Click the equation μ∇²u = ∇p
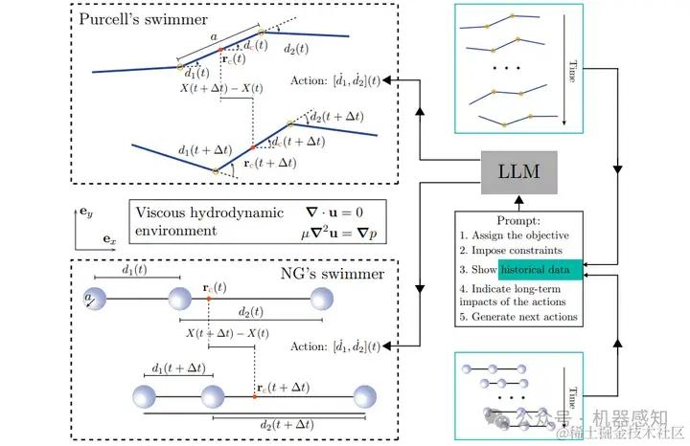point(335,232)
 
